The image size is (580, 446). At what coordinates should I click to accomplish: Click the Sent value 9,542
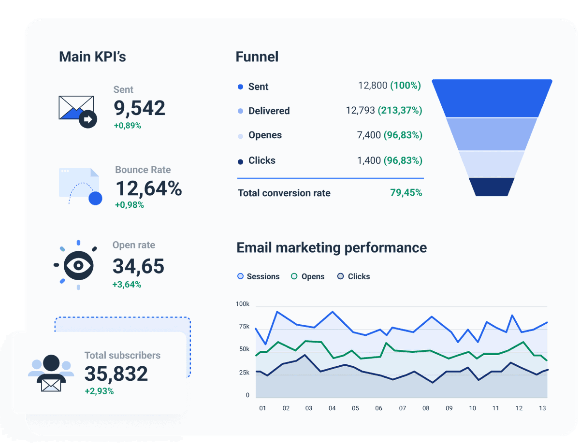click(139, 108)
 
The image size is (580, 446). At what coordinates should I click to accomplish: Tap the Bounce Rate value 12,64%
click(149, 188)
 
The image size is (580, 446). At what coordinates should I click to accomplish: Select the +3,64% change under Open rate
click(127, 285)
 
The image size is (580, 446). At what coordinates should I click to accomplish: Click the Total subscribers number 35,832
click(116, 374)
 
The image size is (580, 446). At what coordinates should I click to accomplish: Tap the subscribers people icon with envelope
click(51, 373)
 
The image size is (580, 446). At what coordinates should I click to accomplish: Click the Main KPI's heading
click(92, 57)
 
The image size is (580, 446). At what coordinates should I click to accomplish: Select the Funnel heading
click(257, 57)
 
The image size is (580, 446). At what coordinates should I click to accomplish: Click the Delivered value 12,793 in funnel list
click(360, 111)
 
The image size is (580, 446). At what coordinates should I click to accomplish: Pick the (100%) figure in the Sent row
click(405, 86)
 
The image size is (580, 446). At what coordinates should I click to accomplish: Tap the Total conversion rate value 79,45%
click(406, 193)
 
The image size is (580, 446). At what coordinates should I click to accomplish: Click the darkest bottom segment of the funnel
click(492, 187)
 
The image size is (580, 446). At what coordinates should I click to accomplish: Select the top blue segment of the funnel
click(492, 98)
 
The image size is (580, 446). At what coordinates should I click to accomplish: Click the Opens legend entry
click(307, 276)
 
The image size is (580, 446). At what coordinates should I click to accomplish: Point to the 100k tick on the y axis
click(243, 304)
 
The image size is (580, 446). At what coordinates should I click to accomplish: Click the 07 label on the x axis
click(402, 408)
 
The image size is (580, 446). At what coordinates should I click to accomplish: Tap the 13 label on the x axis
click(542, 408)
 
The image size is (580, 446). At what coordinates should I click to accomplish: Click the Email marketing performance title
click(332, 248)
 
